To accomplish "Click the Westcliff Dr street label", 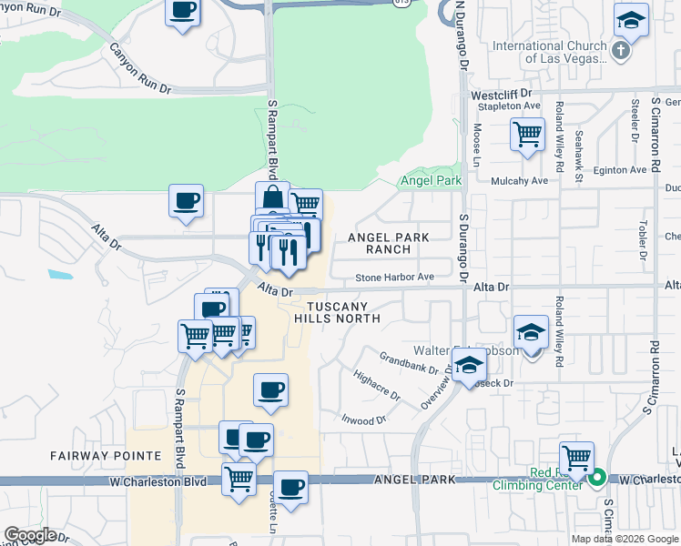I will [x=501, y=95].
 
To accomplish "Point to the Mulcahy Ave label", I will [x=519, y=181].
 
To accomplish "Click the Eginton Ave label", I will [x=620, y=170].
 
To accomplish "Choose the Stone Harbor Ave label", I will [x=394, y=278].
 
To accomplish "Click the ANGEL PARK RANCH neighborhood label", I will [x=389, y=243].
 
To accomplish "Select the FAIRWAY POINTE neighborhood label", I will [x=93, y=454].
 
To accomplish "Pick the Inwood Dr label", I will [x=363, y=420].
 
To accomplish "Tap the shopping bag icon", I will [x=272, y=197].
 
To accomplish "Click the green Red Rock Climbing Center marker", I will [x=598, y=477].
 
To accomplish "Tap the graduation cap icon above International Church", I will [x=630, y=20].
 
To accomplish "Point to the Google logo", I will [x=30, y=535].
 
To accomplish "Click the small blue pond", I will [x=58, y=273].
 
